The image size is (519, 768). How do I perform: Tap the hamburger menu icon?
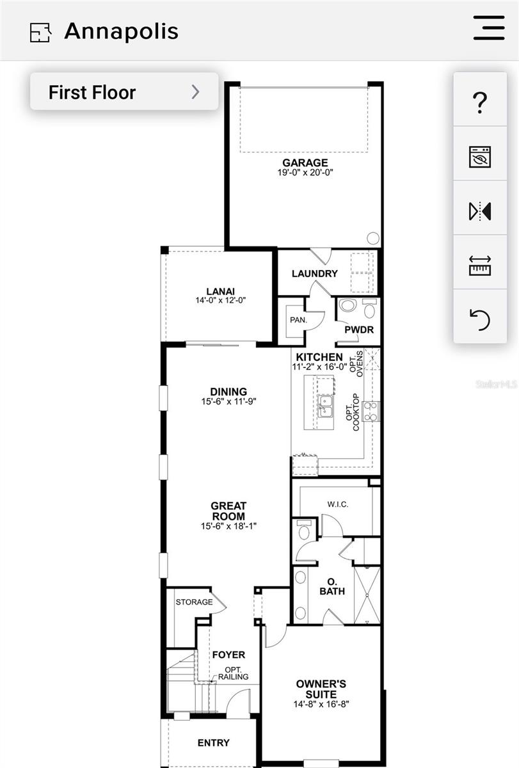pos(489,28)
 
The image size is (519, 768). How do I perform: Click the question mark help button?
pos(480,102)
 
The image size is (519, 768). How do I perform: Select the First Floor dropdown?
pos(124,92)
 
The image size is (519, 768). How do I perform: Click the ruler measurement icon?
pos(480,265)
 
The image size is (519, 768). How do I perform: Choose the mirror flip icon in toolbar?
pos(480,211)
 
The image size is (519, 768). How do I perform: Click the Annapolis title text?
pos(121,31)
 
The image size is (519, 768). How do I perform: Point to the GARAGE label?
pos(305,163)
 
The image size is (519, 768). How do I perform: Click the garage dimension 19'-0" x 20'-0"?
pos(305,173)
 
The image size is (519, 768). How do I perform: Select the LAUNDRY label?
pos(314,273)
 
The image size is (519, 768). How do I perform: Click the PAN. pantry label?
pos(298,319)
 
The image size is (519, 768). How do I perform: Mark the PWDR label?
pos(358,330)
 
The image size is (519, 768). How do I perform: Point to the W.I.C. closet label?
pos(337,504)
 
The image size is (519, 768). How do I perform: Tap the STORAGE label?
pos(194,602)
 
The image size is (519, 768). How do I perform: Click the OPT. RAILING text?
pos(233,673)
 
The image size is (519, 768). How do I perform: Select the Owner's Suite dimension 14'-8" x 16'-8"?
pos(321,704)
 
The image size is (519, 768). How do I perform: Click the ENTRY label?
pos(213,742)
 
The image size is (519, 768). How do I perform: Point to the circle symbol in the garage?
pos(372,238)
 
